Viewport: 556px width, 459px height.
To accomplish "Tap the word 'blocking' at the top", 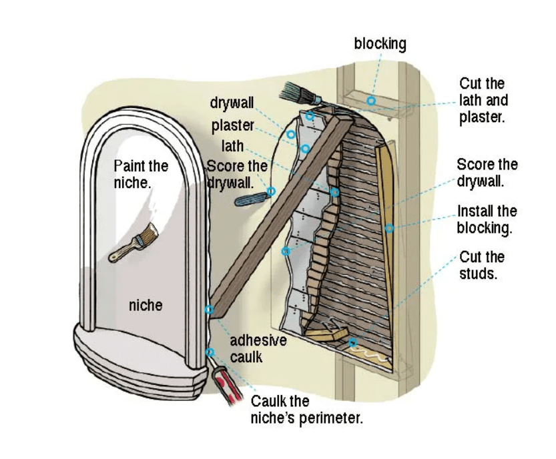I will pos(380,44).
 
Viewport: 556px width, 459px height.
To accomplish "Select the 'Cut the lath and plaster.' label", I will pos(483,100).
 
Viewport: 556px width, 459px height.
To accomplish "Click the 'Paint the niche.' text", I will pos(141,173).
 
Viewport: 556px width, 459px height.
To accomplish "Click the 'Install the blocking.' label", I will pos(487,219).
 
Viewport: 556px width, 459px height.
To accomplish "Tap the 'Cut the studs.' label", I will pos(482,265).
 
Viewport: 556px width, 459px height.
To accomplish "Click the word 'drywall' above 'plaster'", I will pos(232,103).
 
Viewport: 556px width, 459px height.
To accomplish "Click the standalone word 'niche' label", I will pos(145,305).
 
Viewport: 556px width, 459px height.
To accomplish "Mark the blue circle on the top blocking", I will pos(370,101).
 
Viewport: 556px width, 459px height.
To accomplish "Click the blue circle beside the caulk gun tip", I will pos(210,352).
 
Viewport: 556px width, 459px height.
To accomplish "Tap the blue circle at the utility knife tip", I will pos(271,191).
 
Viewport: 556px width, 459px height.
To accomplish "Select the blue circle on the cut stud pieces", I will pos(352,343).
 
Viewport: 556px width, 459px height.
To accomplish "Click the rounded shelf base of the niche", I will pos(133,360).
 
